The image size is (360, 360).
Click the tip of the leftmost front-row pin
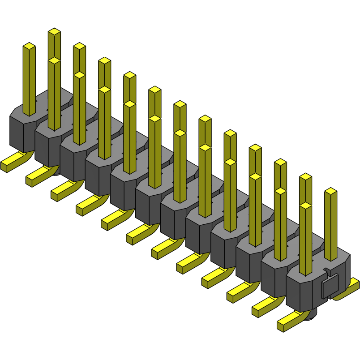[29, 46]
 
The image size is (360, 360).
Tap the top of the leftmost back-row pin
[54, 31]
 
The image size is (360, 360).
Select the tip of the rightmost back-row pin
[330, 191]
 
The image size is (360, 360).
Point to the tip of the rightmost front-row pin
[305, 206]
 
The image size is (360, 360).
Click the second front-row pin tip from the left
[54, 60]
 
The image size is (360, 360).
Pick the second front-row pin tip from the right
[280, 191]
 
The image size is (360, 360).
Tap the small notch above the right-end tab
[327, 270]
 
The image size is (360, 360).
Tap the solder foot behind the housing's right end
[349, 289]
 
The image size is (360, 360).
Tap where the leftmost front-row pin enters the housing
[29, 114]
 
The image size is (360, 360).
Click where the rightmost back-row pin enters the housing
[330, 259]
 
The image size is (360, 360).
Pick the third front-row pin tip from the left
[79, 75]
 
